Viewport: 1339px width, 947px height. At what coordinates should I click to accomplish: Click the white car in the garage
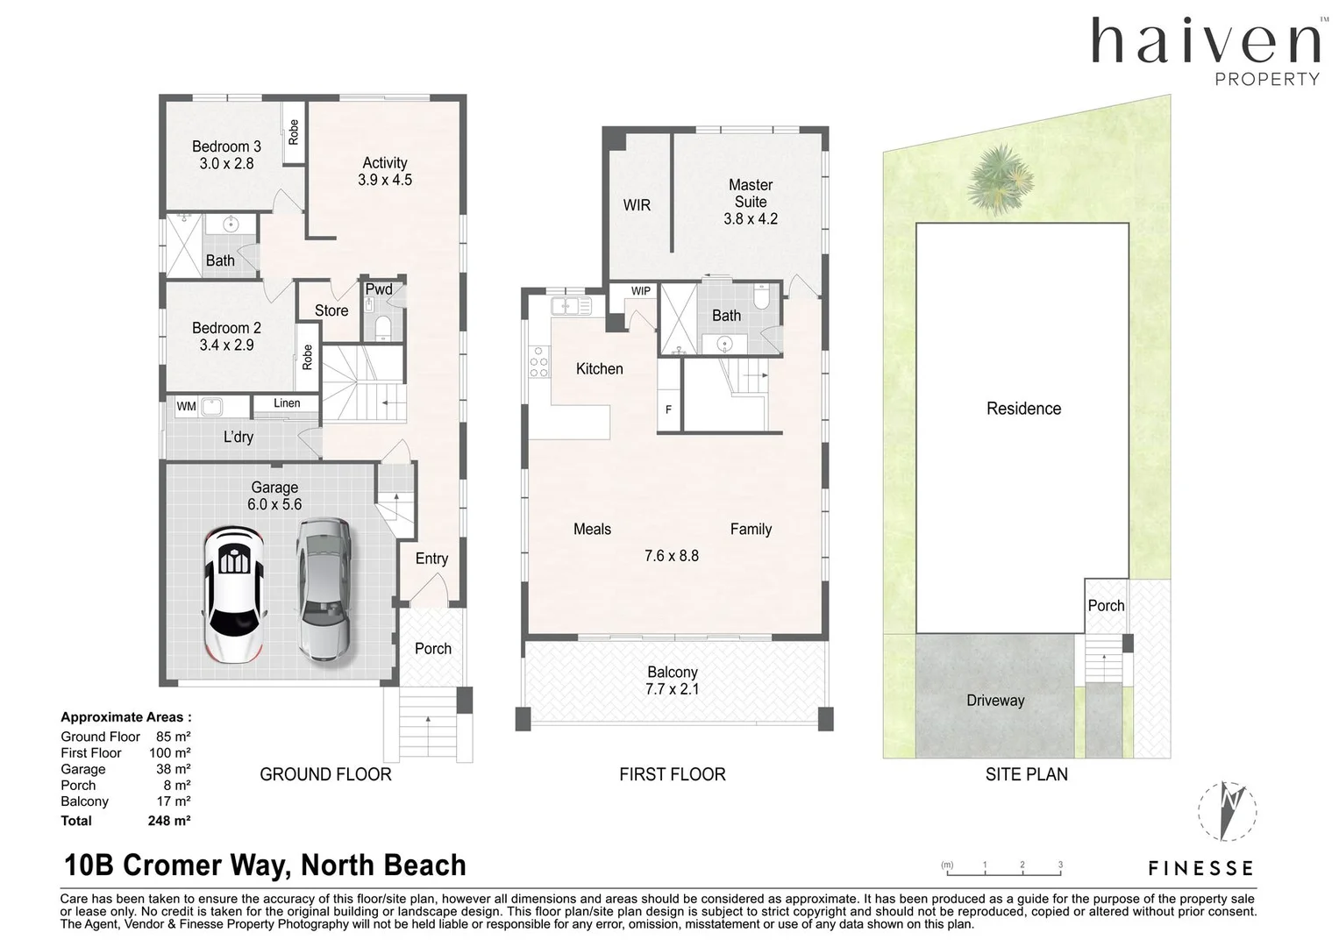click(x=234, y=594)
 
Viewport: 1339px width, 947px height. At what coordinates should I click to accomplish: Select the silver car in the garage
click(x=324, y=590)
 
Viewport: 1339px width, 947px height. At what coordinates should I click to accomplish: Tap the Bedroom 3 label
click(x=226, y=154)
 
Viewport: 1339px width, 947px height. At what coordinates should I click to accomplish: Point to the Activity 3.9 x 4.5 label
click(x=385, y=171)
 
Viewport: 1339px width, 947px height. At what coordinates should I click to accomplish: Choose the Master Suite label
click(x=751, y=202)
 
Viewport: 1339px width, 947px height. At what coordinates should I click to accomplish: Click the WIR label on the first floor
click(x=637, y=205)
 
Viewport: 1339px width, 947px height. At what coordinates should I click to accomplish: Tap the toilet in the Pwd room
click(x=382, y=328)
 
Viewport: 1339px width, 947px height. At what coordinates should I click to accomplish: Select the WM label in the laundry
click(x=187, y=406)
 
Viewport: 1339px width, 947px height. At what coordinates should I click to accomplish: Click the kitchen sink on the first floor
click(x=571, y=306)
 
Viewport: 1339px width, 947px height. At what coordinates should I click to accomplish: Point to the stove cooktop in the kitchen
click(x=538, y=362)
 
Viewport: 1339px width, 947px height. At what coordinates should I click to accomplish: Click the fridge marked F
click(x=668, y=409)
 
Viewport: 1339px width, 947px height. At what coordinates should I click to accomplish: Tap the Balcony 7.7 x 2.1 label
click(x=673, y=680)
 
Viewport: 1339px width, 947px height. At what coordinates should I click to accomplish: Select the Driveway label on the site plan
click(x=995, y=700)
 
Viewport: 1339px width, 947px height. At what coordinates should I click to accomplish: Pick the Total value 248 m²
click(x=169, y=821)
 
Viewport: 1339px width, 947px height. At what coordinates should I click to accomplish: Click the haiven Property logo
click(x=1206, y=51)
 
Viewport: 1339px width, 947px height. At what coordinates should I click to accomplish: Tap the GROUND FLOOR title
click(x=325, y=774)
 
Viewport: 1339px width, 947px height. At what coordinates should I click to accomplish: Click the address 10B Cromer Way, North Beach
click(x=265, y=865)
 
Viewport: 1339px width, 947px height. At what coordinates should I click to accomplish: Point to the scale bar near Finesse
click(x=1004, y=869)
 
